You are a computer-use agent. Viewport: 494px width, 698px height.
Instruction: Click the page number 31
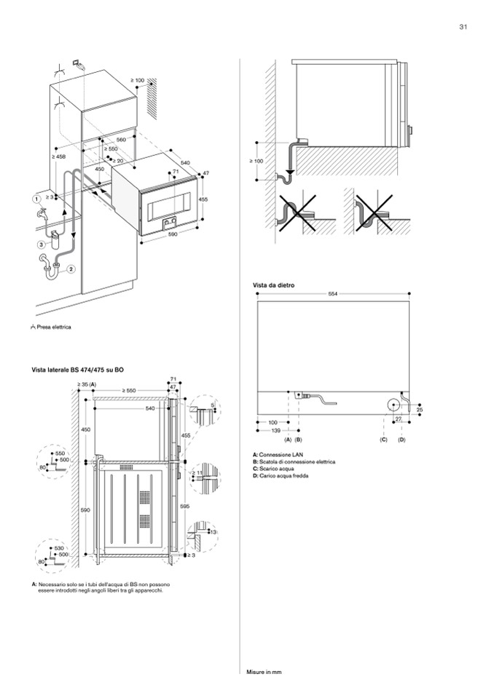[x=463, y=28]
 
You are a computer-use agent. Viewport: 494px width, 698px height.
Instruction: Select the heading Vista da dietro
[x=273, y=285]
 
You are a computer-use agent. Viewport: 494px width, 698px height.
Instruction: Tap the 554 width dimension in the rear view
[x=333, y=293]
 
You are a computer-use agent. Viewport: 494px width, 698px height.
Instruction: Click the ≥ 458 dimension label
[x=59, y=156]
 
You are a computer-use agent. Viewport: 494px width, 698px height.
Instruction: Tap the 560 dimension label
[x=121, y=139]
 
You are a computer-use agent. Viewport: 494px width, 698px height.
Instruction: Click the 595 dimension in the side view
[x=185, y=505]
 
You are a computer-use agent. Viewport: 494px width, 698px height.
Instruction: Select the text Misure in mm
[x=263, y=672]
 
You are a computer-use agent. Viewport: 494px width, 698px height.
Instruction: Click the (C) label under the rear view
[x=383, y=440]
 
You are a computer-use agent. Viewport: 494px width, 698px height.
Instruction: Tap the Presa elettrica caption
[x=52, y=326]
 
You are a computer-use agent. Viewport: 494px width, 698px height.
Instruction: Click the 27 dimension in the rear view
[x=398, y=420]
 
